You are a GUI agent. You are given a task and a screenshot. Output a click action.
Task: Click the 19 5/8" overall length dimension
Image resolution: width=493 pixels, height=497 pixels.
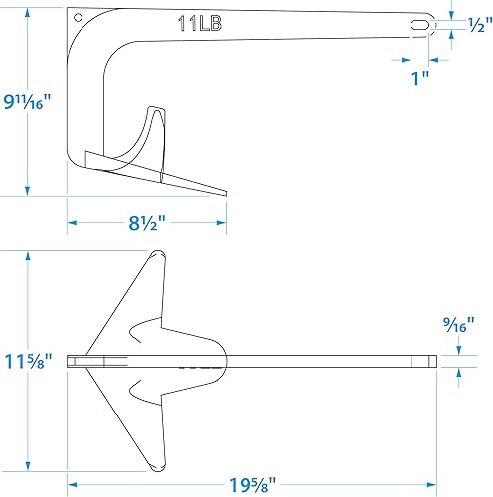click(252, 487)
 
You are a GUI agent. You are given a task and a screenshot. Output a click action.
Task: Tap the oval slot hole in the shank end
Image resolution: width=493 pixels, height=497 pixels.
click(419, 24)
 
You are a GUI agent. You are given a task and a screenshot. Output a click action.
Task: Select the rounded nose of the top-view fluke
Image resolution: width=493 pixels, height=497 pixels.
click(228, 360)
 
